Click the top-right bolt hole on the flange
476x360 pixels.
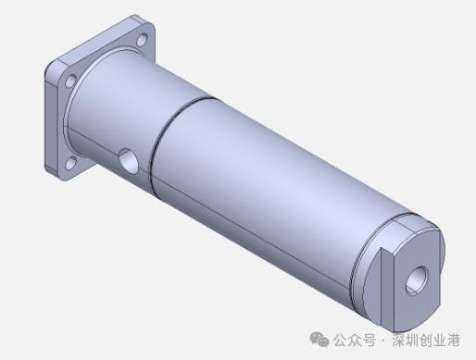(142, 40)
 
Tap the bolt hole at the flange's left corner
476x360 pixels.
(70, 81)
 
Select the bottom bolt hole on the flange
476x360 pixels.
(71, 163)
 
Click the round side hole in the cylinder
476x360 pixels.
(129, 161)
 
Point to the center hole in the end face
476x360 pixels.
(417, 280)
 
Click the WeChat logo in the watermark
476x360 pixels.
(319, 340)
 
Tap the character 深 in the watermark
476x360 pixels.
(399, 340)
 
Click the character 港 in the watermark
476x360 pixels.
(453, 340)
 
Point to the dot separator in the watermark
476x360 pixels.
(383, 341)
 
